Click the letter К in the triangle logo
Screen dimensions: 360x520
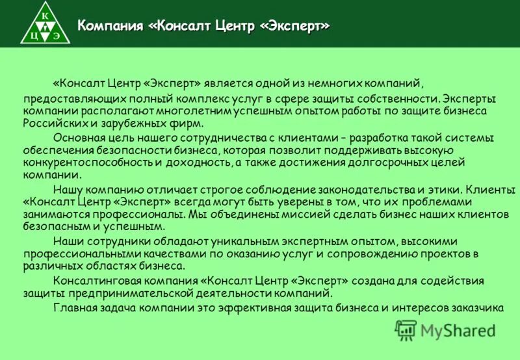click(44, 14)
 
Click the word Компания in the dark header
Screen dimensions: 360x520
click(110, 26)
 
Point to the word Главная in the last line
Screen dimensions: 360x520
click(75, 307)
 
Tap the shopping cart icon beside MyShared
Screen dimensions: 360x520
click(406, 331)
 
